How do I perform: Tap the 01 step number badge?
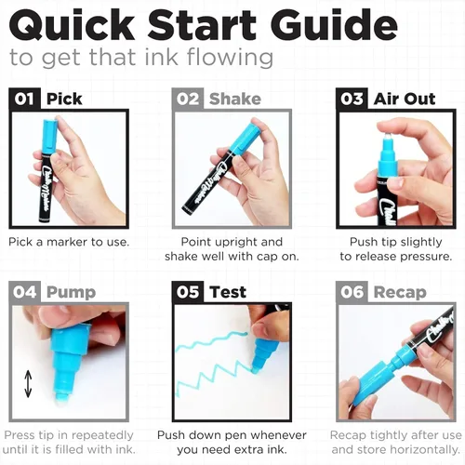(24, 99)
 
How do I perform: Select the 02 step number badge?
(188, 99)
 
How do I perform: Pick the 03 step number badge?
(352, 99)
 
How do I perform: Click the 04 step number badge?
(24, 292)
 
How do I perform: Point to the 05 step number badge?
(188, 292)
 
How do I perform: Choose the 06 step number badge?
(352, 292)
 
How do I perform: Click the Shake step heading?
(235, 99)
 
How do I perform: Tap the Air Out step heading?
(405, 99)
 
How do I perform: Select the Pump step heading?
(71, 293)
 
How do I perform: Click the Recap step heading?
(400, 293)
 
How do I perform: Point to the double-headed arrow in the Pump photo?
(28, 383)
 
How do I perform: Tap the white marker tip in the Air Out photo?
(387, 136)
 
